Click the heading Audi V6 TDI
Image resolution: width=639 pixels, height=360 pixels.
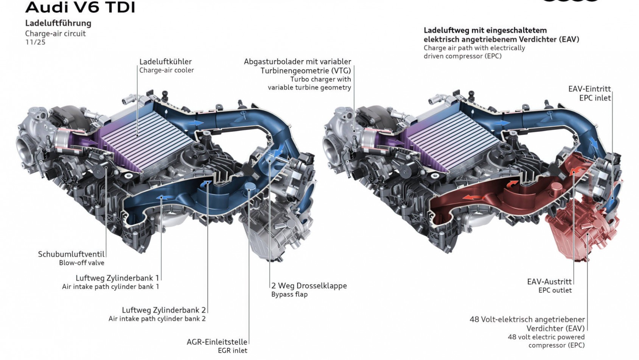[80, 7]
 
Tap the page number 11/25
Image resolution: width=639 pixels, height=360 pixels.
[35, 42]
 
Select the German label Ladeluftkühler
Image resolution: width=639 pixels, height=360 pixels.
[165, 62]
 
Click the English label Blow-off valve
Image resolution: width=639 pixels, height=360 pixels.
[81, 263]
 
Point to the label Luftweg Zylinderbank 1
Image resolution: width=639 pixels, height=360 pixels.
[117, 278]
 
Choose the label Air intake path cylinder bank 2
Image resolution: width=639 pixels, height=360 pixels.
[157, 319]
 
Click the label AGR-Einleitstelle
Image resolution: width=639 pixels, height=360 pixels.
[217, 342]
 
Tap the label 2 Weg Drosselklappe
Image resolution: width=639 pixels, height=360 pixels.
[309, 286]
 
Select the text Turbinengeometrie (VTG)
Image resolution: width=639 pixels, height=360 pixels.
[306, 71]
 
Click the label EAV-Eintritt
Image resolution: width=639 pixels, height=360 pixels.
[589, 89]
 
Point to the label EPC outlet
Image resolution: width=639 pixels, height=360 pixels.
[555, 290]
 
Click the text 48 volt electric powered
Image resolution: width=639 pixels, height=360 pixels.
[546, 337]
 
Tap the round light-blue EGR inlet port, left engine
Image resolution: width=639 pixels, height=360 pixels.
[250, 186]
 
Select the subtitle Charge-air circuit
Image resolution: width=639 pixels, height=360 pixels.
[55, 34]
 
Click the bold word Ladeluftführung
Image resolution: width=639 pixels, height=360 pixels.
[58, 23]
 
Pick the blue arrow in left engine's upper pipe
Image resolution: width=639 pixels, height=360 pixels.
[197, 123]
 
